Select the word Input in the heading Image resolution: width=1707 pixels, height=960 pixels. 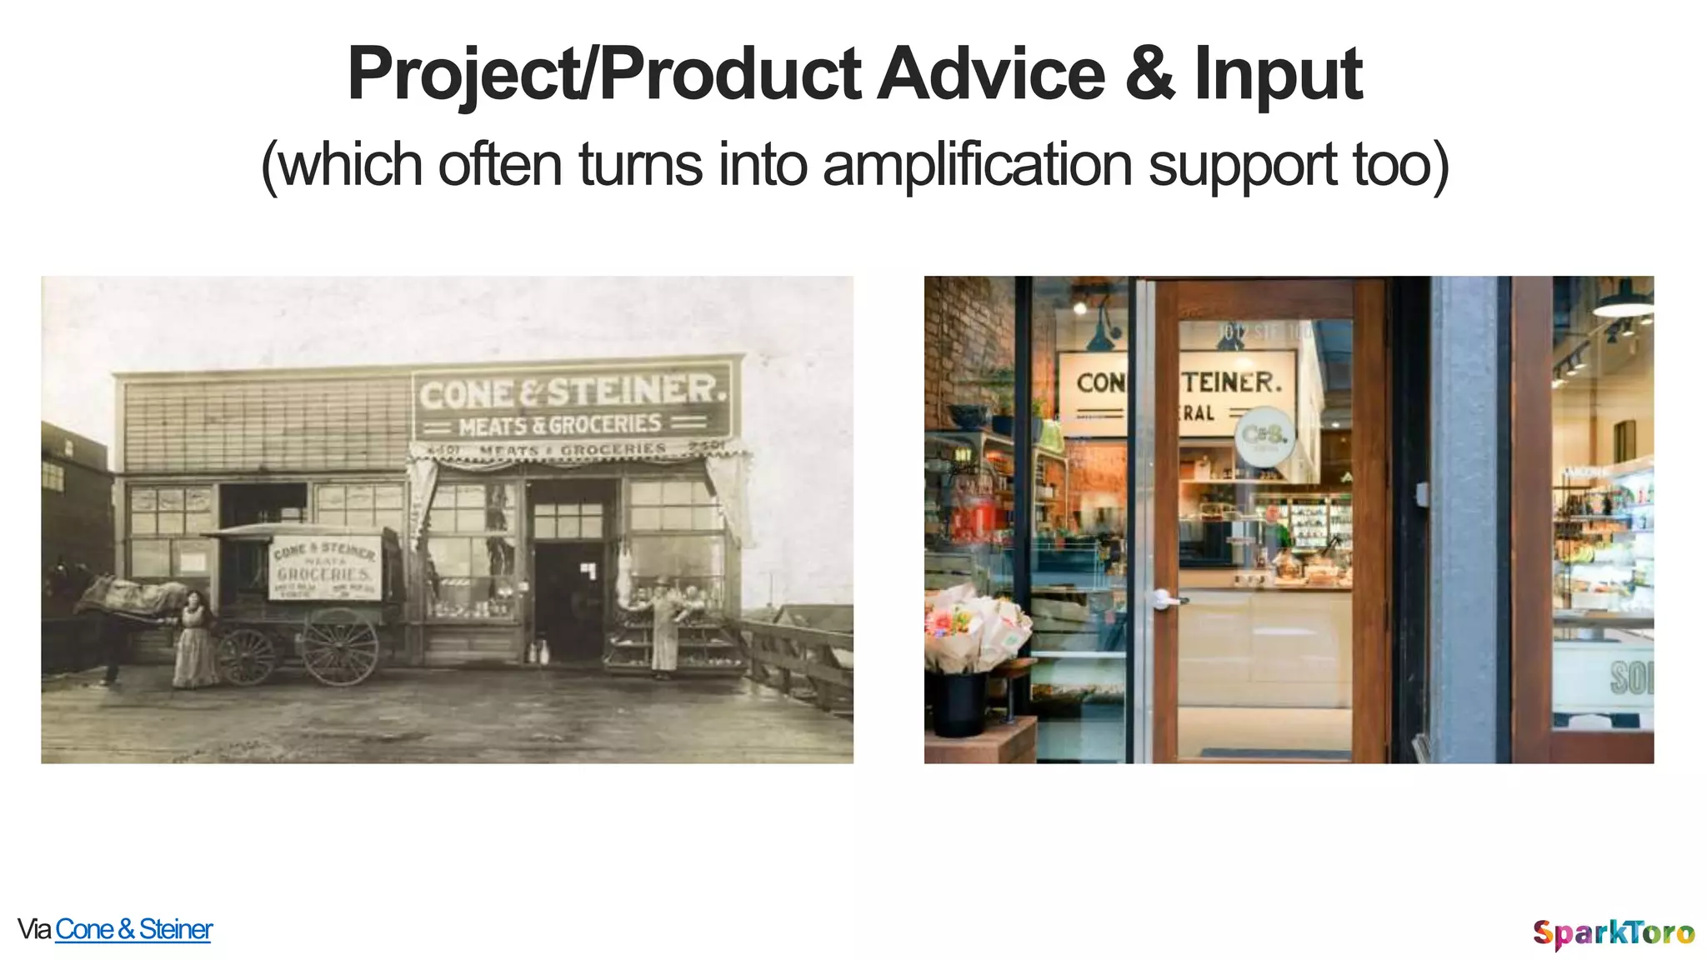click(x=1278, y=75)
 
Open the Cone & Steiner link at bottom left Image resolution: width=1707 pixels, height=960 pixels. click(x=133, y=929)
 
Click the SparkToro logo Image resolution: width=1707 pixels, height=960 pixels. click(x=1613, y=932)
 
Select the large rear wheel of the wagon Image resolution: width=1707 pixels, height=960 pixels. click(x=340, y=647)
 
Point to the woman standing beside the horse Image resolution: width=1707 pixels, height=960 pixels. click(x=193, y=638)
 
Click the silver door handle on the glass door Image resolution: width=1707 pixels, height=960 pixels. click(x=1165, y=598)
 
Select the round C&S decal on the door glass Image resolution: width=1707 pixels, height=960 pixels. click(x=1264, y=436)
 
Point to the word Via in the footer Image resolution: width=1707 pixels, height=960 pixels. click(x=34, y=929)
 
